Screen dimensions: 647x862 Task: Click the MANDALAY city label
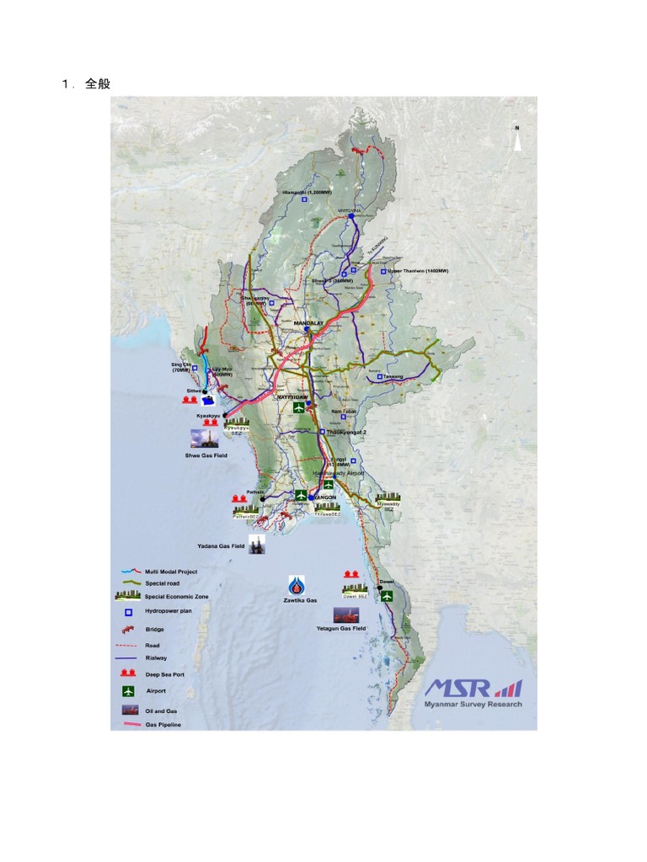(308, 322)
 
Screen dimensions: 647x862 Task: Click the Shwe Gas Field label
(206, 455)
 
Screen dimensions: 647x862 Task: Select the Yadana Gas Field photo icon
(258, 543)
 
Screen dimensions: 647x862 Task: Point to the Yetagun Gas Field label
(341, 629)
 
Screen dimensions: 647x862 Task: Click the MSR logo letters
(459, 689)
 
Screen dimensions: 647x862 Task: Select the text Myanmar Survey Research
(473, 705)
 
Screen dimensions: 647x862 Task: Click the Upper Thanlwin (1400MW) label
(418, 271)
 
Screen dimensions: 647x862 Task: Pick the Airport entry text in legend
(156, 690)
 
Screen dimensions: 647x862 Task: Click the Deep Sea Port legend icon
(127, 673)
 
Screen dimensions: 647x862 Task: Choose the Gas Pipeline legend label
(163, 724)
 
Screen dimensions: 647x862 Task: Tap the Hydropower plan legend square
(127, 612)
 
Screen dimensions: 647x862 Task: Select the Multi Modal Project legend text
(171, 571)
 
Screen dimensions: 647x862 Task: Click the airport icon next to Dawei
(387, 596)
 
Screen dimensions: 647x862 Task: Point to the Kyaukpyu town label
(208, 416)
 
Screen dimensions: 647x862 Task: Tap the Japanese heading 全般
(98, 84)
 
